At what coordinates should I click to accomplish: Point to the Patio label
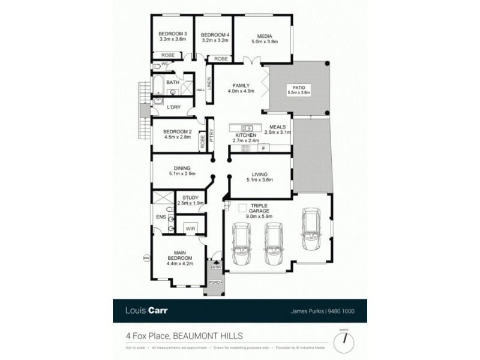coord(298,90)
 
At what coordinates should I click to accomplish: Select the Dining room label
coord(182,172)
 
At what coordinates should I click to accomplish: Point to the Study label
coord(191,200)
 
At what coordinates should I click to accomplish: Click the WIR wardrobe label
coord(191,228)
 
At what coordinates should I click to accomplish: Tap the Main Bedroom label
coord(180,259)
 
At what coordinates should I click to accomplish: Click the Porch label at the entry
coord(215,281)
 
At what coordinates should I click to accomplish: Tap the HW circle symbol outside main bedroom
coord(146,258)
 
